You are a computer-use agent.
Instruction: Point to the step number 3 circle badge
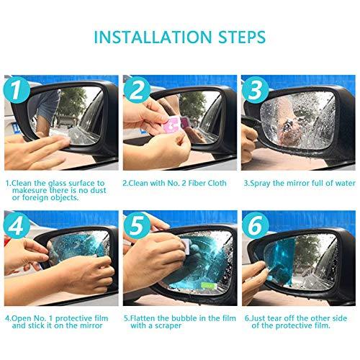click(254, 90)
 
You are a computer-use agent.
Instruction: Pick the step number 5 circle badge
click(138, 225)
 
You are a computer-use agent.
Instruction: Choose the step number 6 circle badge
click(254, 225)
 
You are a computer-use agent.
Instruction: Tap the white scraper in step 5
click(181, 248)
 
